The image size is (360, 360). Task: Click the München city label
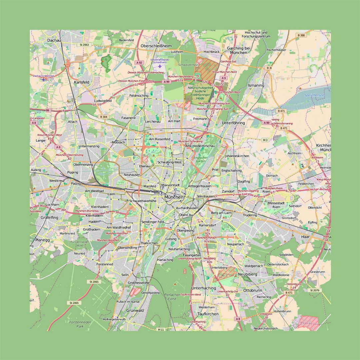click(174, 197)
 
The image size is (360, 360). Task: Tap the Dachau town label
click(54, 40)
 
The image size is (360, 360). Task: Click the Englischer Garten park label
click(200, 159)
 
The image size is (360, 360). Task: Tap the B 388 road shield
click(301, 35)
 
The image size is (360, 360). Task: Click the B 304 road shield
click(103, 117)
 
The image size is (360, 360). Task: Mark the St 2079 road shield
click(315, 290)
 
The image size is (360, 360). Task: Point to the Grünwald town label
click(135, 310)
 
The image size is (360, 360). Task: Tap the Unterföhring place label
click(233, 123)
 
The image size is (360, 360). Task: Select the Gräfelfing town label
click(49, 217)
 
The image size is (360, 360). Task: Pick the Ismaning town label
click(256, 85)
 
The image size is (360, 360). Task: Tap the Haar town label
click(305, 236)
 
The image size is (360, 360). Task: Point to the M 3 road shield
click(265, 140)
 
